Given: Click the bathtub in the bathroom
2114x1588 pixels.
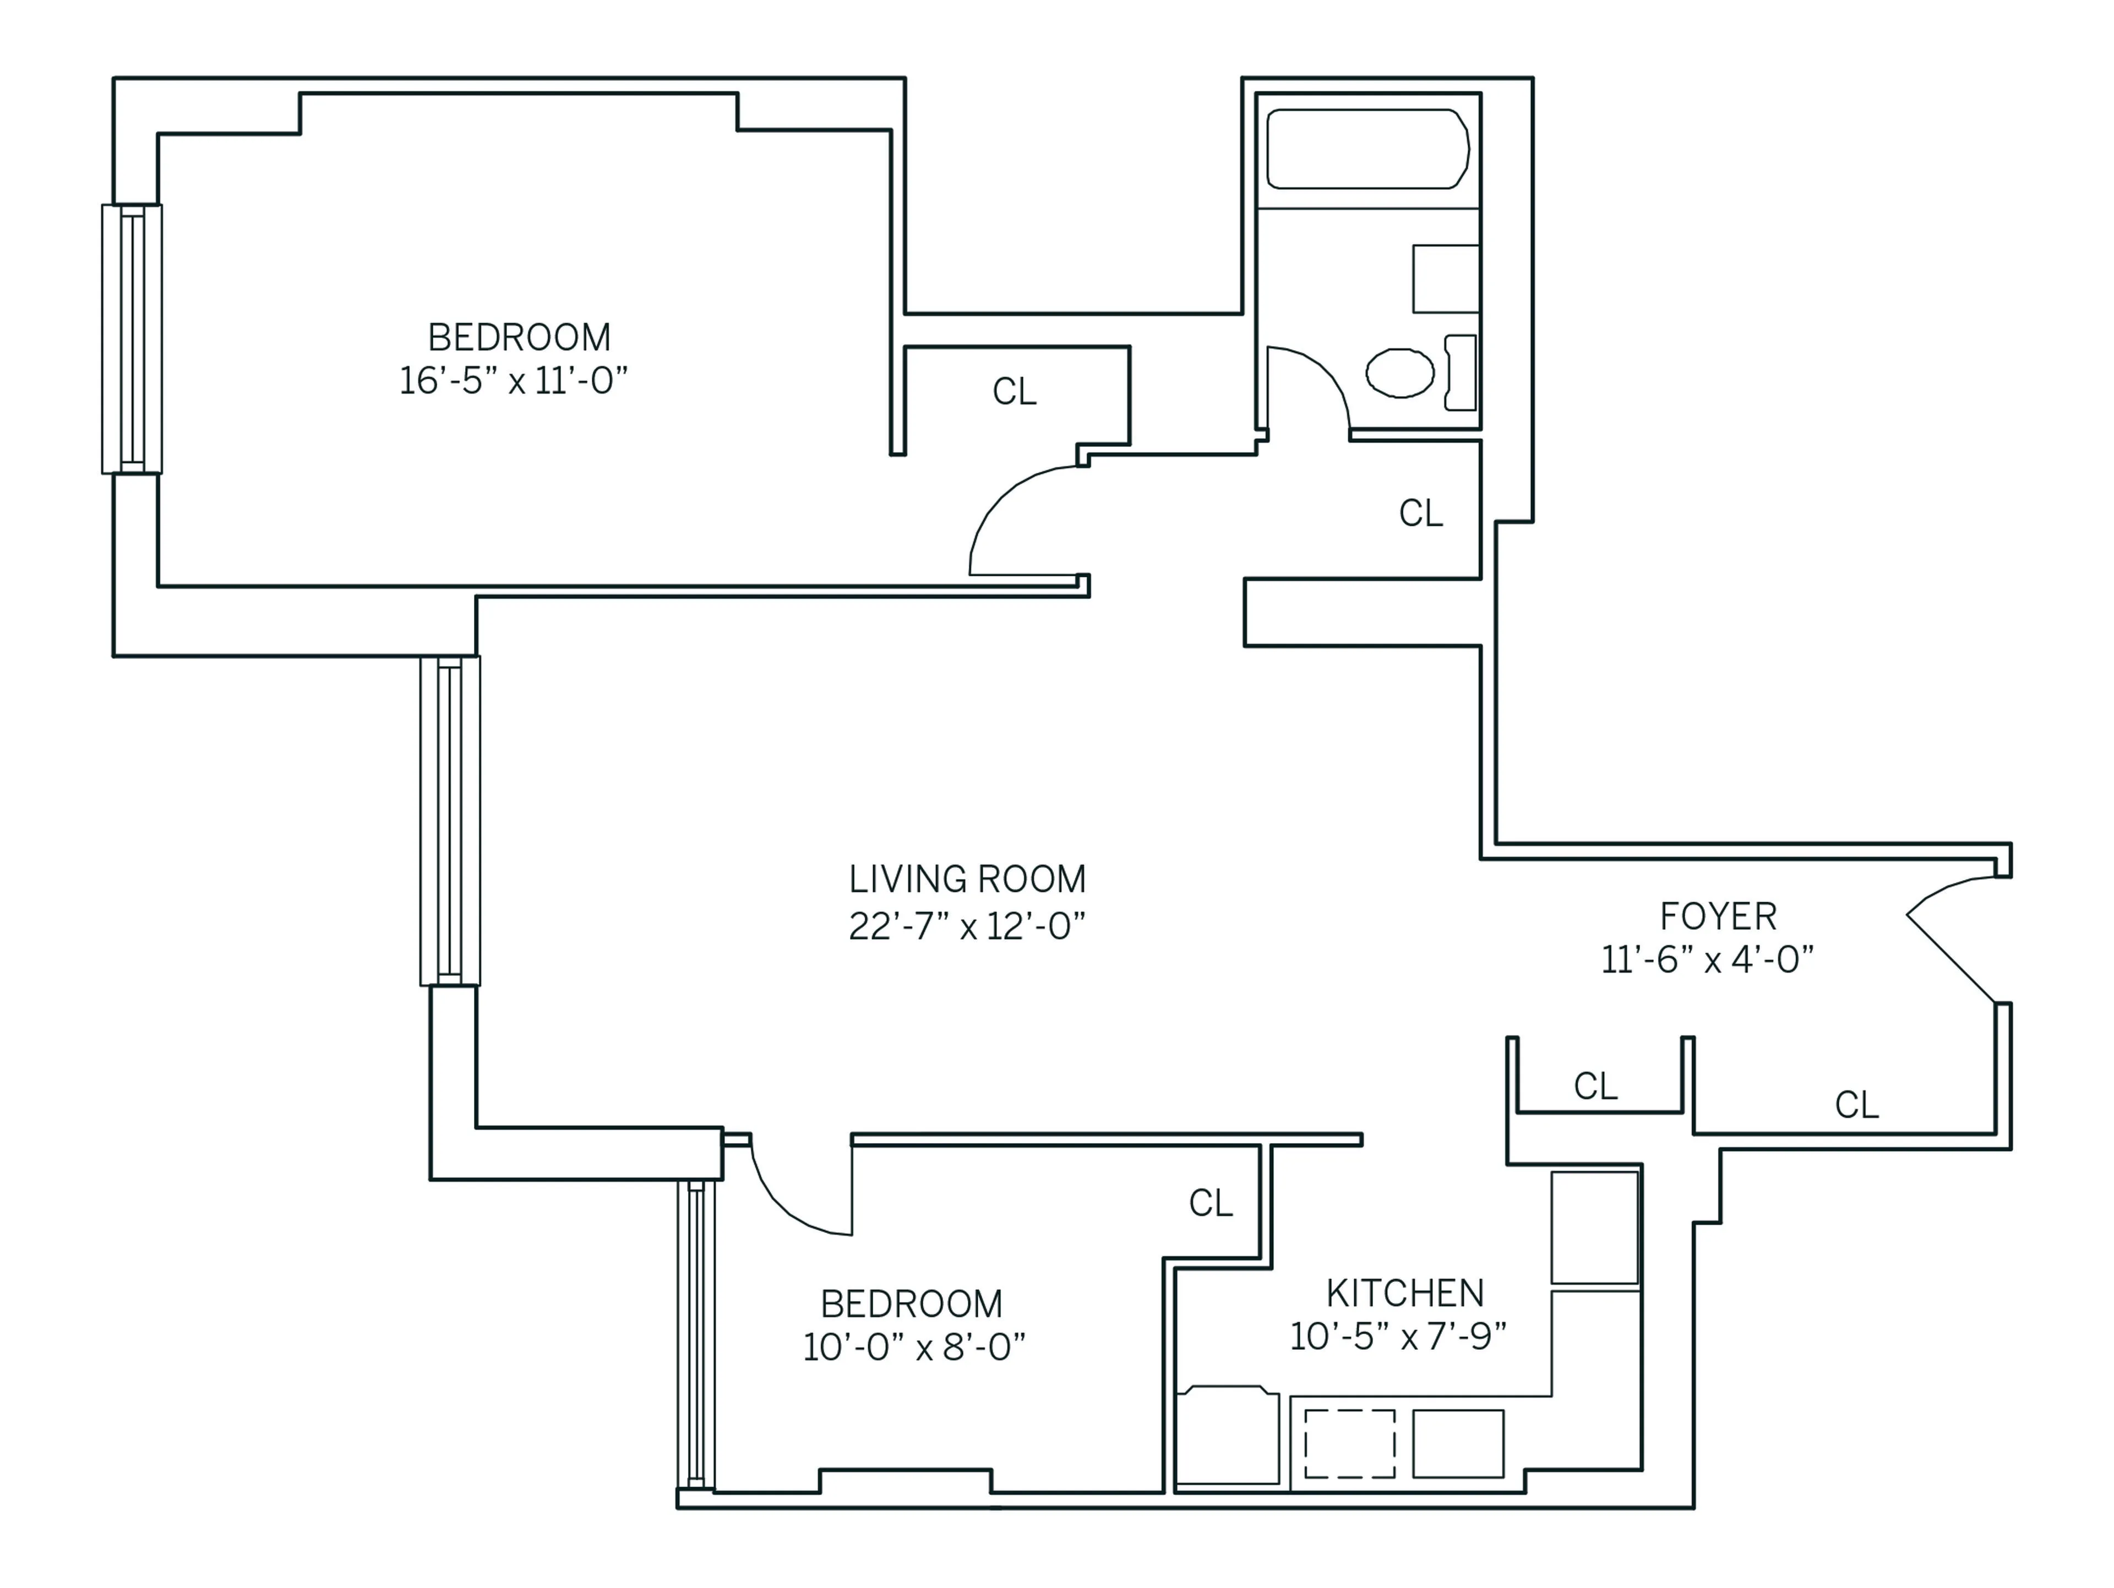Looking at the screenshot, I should (x=1366, y=149).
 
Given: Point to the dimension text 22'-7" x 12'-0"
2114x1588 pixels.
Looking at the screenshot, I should (x=967, y=926).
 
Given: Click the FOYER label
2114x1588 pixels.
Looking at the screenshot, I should (x=1718, y=916).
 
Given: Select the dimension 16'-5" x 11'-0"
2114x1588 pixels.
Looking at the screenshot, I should (x=513, y=380).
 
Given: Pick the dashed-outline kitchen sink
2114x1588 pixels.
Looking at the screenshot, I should (x=1349, y=1444).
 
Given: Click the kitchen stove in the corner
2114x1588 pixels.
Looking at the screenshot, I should (x=1228, y=1435).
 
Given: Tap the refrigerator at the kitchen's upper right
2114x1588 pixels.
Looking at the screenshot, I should (x=1594, y=1228).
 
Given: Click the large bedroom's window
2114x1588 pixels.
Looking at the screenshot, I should (x=132, y=339).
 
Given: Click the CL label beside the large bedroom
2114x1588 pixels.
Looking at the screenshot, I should (x=1014, y=392).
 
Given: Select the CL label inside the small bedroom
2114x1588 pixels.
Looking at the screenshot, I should (x=1210, y=1203).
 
